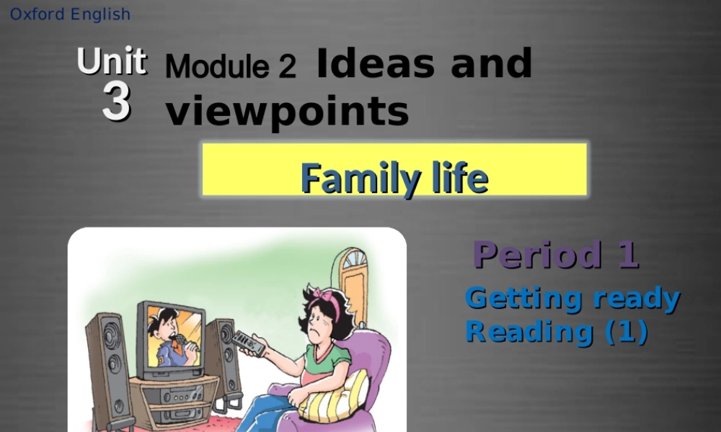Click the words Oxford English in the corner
71,14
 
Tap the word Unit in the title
112,61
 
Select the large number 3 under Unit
116,103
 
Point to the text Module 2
230,67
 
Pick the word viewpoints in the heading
287,112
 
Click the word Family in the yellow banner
352,177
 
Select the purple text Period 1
556,254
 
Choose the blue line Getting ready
572,297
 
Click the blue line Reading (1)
557,331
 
